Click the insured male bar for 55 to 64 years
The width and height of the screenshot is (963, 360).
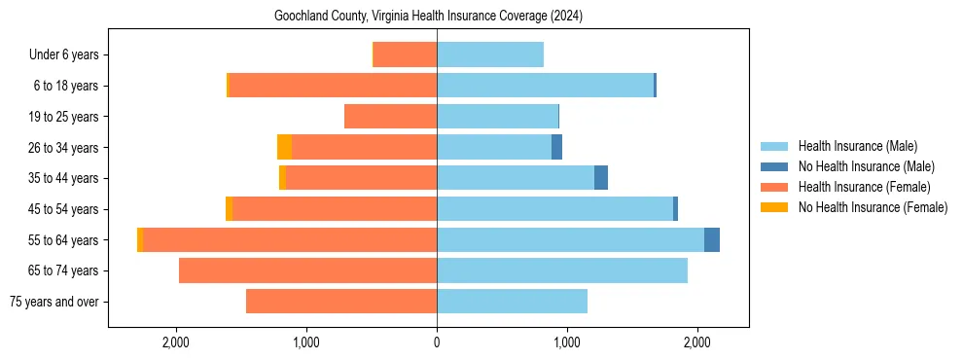tap(570, 239)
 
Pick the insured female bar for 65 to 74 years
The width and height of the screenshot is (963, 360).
tap(307, 270)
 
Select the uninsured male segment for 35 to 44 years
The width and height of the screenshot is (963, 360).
tap(601, 178)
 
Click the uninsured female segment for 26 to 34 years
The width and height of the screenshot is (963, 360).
tap(284, 147)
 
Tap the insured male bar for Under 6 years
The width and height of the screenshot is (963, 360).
tap(490, 54)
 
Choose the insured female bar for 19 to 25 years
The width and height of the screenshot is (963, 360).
tap(390, 117)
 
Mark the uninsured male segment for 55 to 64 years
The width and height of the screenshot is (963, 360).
tap(712, 239)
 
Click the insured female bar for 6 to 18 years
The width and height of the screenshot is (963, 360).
tap(333, 86)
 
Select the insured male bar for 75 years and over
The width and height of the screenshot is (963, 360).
tap(512, 302)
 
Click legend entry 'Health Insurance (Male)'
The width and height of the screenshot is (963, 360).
tap(857, 146)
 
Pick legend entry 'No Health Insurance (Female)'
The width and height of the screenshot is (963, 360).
tap(873, 207)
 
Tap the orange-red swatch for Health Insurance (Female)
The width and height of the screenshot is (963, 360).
tap(774, 187)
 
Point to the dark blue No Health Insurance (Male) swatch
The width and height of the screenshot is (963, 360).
tap(774, 166)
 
